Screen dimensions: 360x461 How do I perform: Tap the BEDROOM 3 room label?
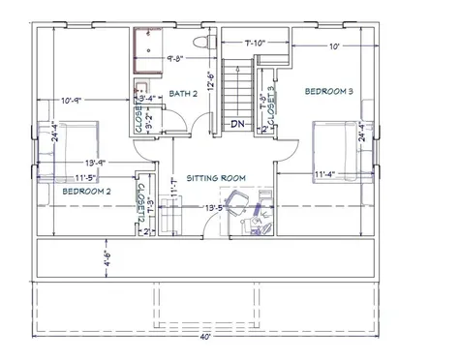coord(329,91)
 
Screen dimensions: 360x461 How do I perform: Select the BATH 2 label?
coord(183,93)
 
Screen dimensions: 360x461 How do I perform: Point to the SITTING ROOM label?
coord(217,177)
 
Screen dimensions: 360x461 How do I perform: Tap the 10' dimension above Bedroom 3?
coord(333,46)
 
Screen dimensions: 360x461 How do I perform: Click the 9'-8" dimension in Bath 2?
coord(175,58)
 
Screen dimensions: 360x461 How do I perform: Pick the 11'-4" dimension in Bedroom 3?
coord(326,175)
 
